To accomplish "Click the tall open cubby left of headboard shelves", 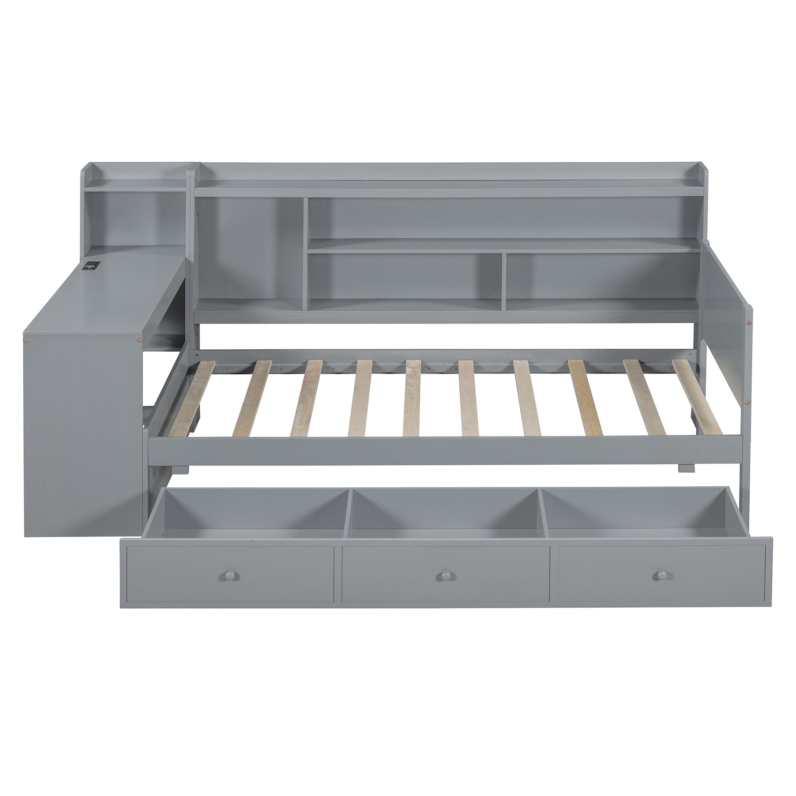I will coord(249,247).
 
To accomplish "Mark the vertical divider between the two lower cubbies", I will coord(503,280).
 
